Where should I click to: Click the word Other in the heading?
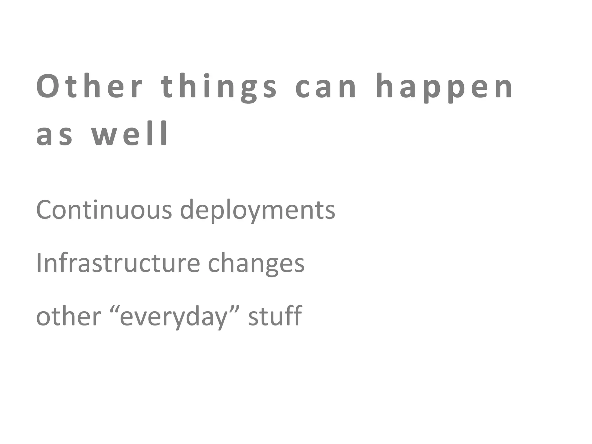89,86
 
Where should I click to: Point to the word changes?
256,264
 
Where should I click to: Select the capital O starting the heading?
48,86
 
